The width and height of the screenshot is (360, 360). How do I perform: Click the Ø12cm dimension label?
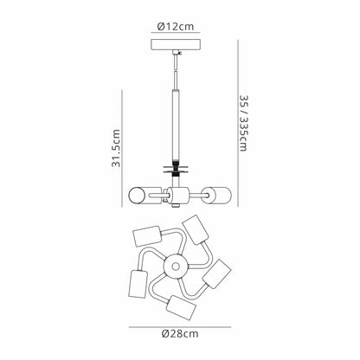[176, 27]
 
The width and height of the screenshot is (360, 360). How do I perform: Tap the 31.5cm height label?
[116, 148]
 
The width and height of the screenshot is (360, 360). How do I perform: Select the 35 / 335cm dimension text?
[243, 123]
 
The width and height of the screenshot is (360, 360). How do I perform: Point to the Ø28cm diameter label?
[180, 334]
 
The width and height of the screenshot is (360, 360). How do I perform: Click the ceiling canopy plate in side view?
[176, 45]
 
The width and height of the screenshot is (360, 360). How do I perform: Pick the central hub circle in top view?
[175, 267]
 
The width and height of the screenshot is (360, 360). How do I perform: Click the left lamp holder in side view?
[145, 196]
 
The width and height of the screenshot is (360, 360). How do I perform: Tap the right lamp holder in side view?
[217, 195]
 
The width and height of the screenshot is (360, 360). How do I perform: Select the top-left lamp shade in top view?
[147, 236]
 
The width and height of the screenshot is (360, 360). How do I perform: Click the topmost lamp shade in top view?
[196, 230]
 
